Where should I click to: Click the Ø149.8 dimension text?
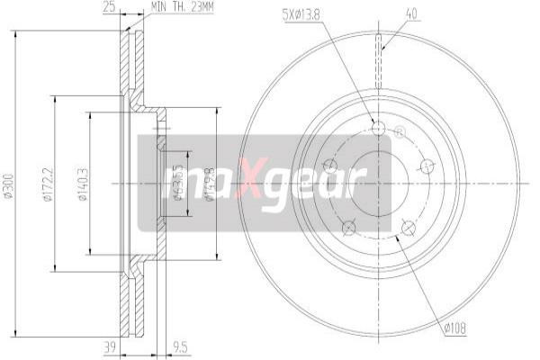pyautogui.click(x=209, y=184)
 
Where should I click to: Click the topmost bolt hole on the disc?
pyautogui.click(x=378, y=129)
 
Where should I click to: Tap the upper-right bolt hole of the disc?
pyautogui.click(x=427, y=166)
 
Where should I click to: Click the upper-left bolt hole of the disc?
pyautogui.click(x=328, y=166)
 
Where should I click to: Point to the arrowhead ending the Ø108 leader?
pyautogui.click(x=397, y=239)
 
